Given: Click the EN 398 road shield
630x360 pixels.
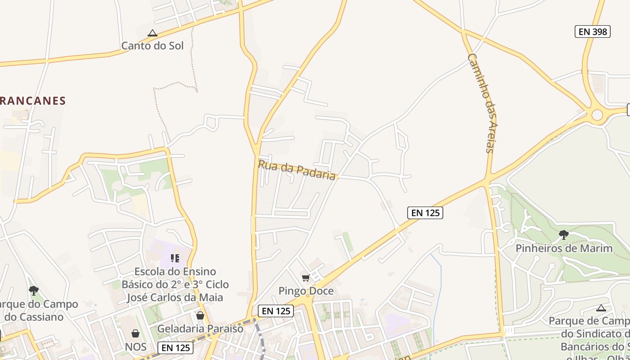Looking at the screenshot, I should point(592,31).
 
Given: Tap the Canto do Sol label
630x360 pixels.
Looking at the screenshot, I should point(153,45).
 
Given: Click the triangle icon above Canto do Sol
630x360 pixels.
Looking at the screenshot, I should point(153,33).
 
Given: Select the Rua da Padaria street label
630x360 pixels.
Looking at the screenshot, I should point(297,170).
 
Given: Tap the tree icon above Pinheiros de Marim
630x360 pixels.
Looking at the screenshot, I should point(563,234).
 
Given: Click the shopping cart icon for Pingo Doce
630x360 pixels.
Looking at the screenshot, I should point(306,278).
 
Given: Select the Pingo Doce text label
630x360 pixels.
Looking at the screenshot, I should point(306,291).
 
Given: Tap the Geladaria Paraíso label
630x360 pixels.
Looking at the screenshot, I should point(200,328).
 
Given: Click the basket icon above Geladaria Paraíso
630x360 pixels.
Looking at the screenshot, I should point(200,315).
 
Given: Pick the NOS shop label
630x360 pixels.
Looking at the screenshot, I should point(136,346).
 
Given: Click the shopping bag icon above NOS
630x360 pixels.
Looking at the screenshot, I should point(135,333).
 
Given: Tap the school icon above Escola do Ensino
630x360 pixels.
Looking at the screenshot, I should point(175,258).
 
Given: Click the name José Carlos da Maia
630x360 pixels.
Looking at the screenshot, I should point(175,297).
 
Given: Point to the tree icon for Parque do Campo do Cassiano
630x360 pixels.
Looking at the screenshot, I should point(33,290).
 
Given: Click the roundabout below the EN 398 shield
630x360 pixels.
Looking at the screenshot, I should point(597,115).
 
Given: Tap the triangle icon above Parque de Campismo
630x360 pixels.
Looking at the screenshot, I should point(601,308).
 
